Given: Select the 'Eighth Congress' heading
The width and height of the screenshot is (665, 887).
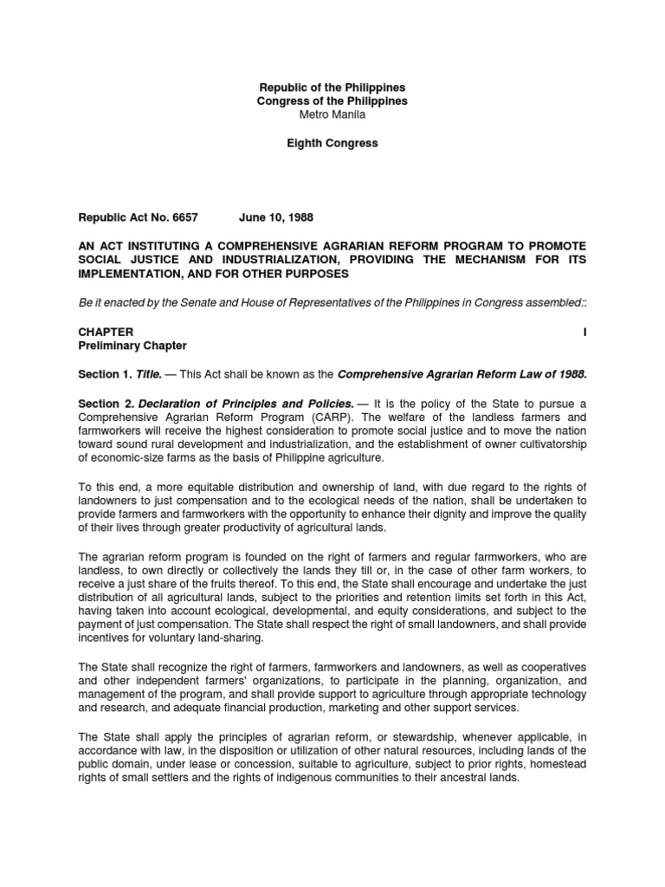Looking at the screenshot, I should pos(332,143).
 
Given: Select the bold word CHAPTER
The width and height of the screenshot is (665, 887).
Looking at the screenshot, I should pos(106,332).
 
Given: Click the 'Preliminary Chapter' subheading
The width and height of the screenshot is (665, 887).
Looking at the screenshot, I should pos(132,346).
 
